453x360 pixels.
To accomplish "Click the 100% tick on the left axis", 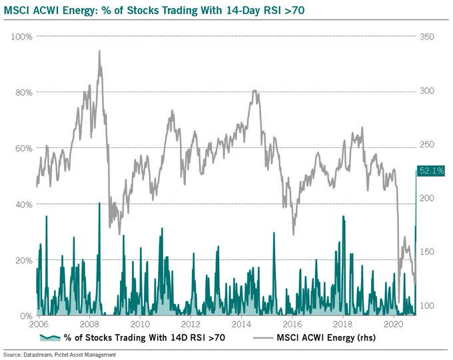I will coord(23,36).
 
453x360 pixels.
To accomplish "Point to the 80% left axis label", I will coord(25,92).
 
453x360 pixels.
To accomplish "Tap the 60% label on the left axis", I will coord(25,148).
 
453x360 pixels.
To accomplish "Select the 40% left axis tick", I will coord(25,204).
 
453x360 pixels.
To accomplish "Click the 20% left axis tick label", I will coord(25,260).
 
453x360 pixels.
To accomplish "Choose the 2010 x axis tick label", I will coord(140,325).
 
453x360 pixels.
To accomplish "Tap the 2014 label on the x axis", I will coord(242,325).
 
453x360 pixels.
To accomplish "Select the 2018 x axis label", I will coord(344,325).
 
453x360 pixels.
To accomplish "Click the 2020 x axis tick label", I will coord(394,325).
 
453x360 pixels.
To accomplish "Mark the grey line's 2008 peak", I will coord(100,51).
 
